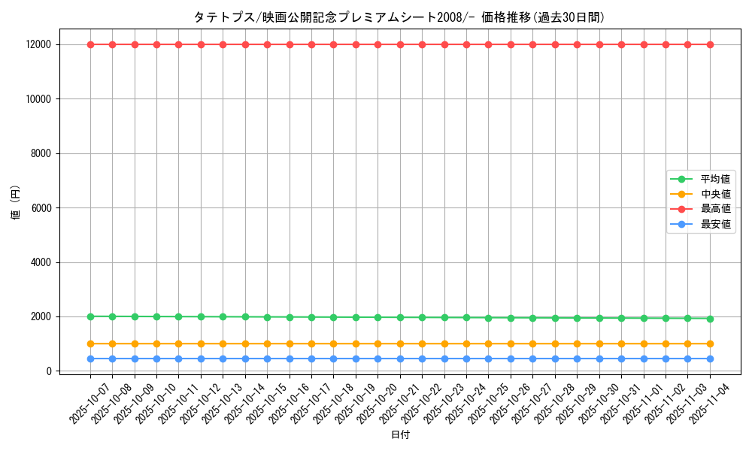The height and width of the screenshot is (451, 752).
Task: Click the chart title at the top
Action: (399, 17)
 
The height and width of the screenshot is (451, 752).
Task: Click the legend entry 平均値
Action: (715, 179)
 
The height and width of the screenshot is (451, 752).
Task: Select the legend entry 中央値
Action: (715, 194)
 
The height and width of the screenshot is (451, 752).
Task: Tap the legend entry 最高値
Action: (715, 209)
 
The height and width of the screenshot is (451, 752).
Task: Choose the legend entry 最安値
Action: (715, 224)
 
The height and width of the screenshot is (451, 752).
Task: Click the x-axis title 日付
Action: (400, 434)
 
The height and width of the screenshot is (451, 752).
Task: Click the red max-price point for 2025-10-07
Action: (90, 44)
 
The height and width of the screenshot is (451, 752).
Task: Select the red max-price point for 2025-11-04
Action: (710, 44)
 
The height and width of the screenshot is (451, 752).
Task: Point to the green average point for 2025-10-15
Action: (267, 317)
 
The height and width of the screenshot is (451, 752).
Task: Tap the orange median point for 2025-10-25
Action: (488, 344)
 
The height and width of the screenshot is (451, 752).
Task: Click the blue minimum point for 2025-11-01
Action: (644, 359)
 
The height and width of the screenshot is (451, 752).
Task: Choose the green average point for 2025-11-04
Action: (710, 319)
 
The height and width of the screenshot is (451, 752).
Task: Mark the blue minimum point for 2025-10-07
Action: (90, 359)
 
